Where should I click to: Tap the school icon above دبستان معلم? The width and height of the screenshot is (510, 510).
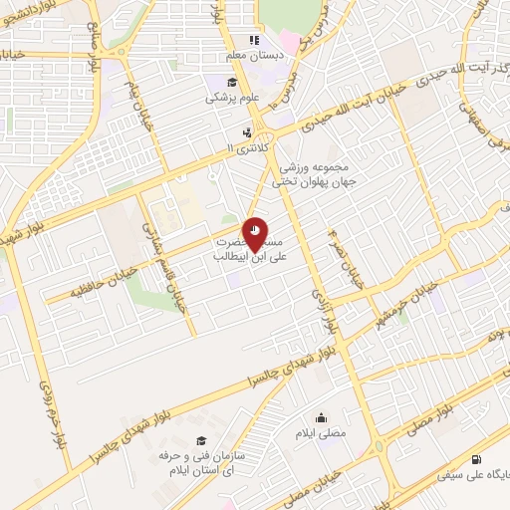click(x=254, y=41)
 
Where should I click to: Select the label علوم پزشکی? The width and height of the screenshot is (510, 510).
click(x=231, y=98)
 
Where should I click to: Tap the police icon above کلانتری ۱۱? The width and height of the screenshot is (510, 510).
click(x=245, y=131)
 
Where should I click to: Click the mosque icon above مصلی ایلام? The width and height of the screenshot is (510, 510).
click(x=322, y=418)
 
